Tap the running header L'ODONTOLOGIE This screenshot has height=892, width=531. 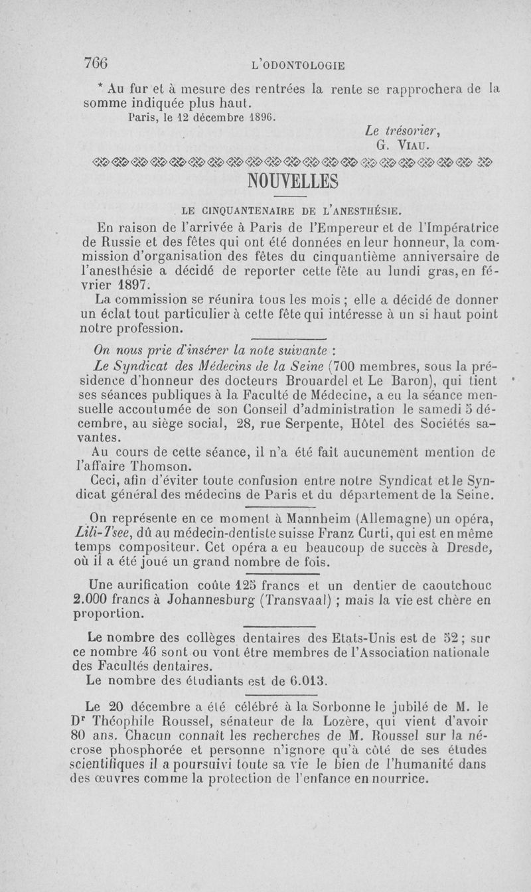point(294,65)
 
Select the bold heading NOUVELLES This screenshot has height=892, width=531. point(292,181)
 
